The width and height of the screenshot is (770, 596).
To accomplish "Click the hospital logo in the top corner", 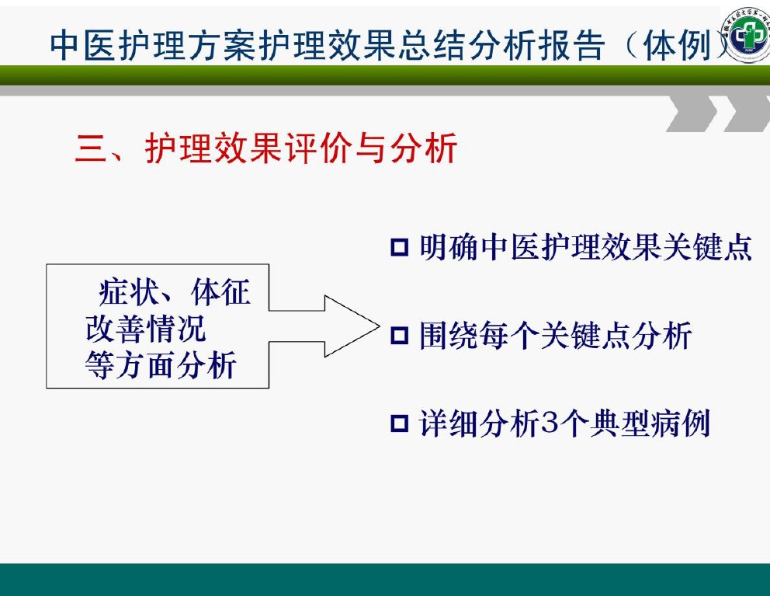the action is click(747, 34).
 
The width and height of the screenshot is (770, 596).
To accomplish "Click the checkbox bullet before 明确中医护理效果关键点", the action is click(399, 247).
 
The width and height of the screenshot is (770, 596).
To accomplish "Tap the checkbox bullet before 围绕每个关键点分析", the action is click(399, 336).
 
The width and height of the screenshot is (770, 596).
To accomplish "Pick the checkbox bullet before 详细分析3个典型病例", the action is click(399, 423).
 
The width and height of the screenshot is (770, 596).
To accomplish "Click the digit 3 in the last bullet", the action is click(550, 423).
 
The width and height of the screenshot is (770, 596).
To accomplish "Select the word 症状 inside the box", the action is click(129, 292).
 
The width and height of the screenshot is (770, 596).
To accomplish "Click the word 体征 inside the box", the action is click(221, 292).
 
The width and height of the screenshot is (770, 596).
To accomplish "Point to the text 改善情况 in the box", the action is click(145, 329).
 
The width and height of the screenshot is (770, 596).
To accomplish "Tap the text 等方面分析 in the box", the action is click(161, 365).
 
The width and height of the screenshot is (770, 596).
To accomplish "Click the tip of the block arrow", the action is click(380, 326).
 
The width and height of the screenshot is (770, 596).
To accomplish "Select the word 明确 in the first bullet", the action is click(449, 247).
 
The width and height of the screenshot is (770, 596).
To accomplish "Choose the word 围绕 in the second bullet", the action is click(449, 336).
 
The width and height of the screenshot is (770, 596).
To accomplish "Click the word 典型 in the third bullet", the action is click(619, 423).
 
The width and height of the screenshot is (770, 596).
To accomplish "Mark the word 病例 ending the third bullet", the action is click(680, 423).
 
